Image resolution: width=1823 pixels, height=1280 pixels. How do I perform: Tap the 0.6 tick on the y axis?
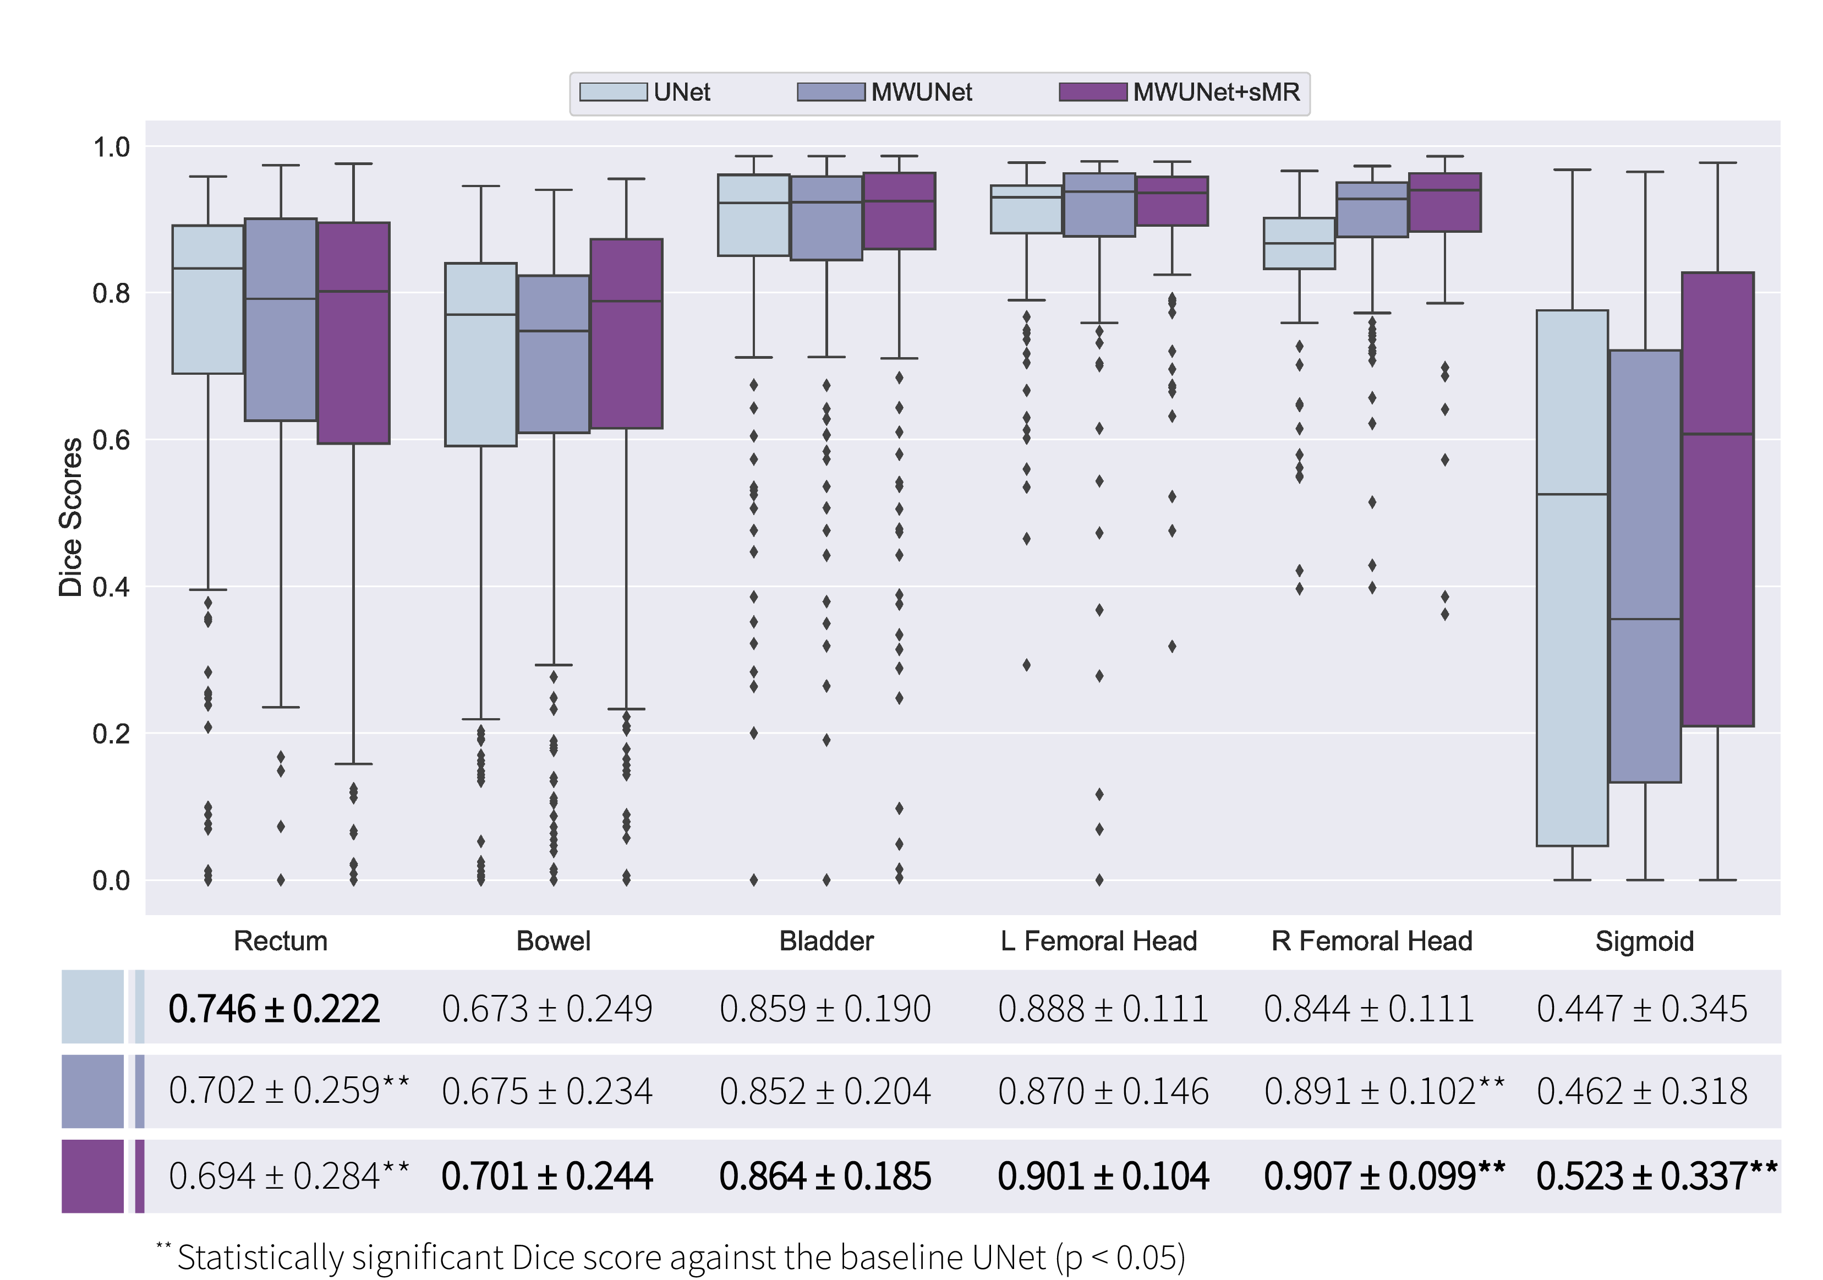click(x=111, y=440)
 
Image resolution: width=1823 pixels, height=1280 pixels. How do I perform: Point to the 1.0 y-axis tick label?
click(x=111, y=147)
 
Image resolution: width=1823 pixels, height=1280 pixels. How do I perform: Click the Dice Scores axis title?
click(x=70, y=516)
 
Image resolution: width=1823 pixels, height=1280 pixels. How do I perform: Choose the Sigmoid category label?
click(x=1644, y=941)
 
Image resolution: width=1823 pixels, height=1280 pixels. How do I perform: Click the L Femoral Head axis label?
click(x=1099, y=941)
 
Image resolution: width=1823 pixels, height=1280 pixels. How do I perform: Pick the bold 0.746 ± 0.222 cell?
click(x=274, y=1009)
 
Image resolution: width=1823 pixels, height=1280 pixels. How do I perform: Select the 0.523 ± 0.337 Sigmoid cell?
click(x=1656, y=1176)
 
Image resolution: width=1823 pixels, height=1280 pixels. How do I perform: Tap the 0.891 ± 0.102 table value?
click(x=1383, y=1091)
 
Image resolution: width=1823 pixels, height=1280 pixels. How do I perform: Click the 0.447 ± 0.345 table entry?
click(x=1642, y=1009)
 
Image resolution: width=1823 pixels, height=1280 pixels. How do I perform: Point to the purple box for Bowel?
click(x=626, y=333)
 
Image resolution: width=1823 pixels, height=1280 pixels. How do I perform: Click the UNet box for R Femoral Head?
click(x=1299, y=243)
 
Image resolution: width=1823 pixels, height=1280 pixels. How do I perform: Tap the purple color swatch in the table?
click(x=93, y=1176)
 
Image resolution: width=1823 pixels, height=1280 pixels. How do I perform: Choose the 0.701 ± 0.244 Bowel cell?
click(x=547, y=1176)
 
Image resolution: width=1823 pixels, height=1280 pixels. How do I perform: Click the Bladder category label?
click(x=826, y=941)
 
